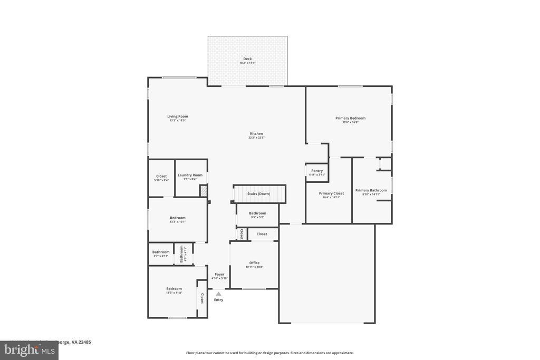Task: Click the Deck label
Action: (x=247, y=59)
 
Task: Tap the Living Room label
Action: (x=178, y=116)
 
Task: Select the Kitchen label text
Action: (x=256, y=134)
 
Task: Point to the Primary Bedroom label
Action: (x=350, y=119)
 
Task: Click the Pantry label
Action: (x=317, y=171)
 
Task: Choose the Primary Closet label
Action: (x=331, y=193)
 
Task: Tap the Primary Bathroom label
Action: (x=371, y=190)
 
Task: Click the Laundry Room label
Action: (x=190, y=175)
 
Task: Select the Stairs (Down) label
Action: (x=259, y=194)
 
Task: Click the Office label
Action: (x=254, y=263)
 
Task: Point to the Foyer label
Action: (x=219, y=274)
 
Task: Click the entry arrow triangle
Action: (x=218, y=294)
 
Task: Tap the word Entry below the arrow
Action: (x=218, y=300)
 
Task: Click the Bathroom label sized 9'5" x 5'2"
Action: (x=257, y=213)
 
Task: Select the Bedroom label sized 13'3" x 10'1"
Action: (x=178, y=218)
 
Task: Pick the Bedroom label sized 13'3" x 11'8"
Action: (x=174, y=289)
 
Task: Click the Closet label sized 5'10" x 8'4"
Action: (x=161, y=176)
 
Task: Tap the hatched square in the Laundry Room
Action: (x=203, y=190)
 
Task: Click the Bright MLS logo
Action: (x=29, y=350)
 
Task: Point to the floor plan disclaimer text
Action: (x=269, y=353)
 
